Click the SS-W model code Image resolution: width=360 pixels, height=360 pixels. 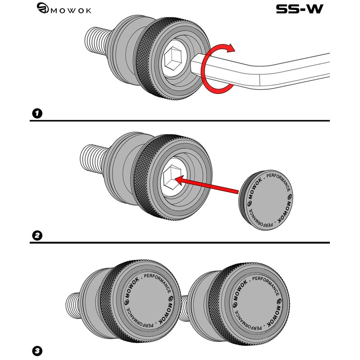[x=299, y=9]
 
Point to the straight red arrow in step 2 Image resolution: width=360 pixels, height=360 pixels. [x=207, y=187]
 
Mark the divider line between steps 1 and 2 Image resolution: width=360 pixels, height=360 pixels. [x=180, y=121]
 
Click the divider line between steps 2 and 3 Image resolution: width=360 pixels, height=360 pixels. [x=180, y=243]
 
